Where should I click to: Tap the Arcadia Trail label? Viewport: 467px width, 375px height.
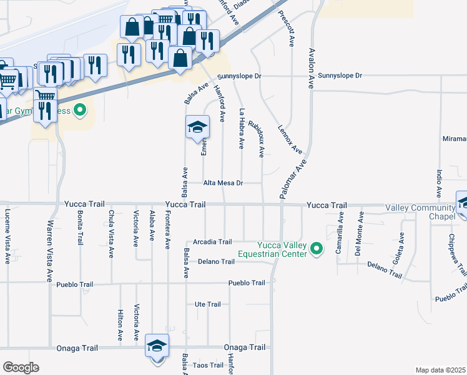pos(212,242)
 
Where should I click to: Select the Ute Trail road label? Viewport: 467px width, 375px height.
pos(208,304)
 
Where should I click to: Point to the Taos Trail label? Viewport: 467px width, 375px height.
pos(208,365)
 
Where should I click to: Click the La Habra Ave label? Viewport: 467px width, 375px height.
pos(242,129)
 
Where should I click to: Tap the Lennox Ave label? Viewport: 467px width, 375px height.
pos(290,138)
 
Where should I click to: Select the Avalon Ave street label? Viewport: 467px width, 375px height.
pos(310,68)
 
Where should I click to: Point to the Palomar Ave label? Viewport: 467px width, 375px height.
pos(293,178)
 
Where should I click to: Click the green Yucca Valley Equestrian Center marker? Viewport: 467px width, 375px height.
pos(317,250)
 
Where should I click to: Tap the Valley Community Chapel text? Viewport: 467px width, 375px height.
pos(420,212)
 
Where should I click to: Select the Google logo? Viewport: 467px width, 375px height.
pos(20,367)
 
